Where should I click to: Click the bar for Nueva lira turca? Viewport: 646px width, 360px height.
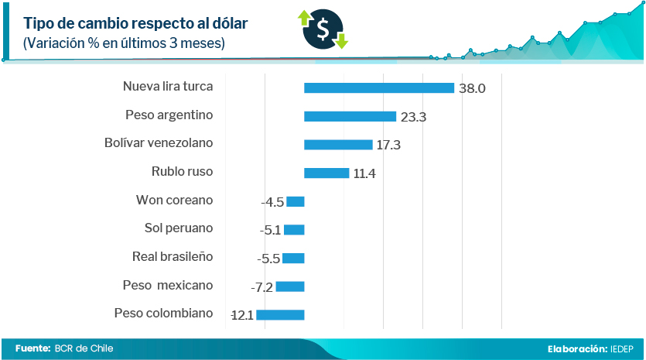(x=379, y=88)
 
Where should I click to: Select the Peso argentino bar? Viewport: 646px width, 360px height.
(x=350, y=117)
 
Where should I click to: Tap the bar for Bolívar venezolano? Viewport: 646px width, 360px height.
(x=338, y=145)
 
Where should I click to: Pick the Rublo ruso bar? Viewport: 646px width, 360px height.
(x=326, y=173)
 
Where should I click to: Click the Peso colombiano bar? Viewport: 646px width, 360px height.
(x=280, y=315)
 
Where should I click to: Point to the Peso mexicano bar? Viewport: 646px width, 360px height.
(x=290, y=286)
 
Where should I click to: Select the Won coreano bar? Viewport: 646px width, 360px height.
(x=296, y=202)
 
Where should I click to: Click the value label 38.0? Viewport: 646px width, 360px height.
(x=472, y=89)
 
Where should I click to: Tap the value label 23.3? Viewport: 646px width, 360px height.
(x=414, y=117)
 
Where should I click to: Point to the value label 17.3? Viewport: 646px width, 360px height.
(x=388, y=146)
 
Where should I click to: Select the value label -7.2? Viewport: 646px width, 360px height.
(x=262, y=287)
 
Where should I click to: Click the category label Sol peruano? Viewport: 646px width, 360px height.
(x=179, y=228)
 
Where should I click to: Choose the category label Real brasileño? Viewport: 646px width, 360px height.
(x=173, y=256)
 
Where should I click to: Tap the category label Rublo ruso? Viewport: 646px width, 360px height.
(x=182, y=171)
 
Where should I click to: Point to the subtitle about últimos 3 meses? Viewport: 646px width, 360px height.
(x=125, y=43)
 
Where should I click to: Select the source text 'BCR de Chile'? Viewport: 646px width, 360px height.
(x=84, y=348)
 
